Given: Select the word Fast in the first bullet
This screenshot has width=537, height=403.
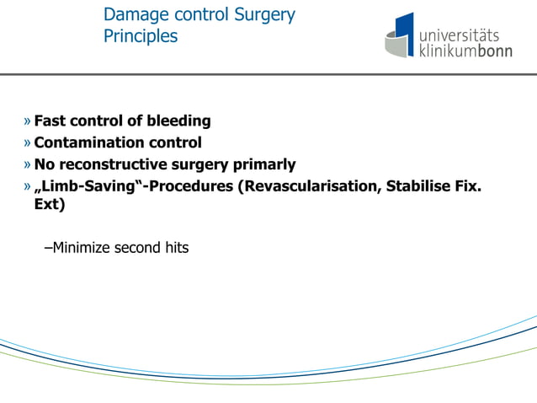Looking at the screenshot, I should point(50,121).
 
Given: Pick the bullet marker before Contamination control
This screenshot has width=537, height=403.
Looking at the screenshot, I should point(28,142).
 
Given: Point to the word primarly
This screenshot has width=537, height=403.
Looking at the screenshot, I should point(263,164).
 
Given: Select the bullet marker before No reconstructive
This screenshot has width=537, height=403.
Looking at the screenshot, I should point(28,164).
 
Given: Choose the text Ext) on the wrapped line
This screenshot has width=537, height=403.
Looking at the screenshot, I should point(50,205).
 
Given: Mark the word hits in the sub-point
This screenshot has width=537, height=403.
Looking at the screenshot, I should point(174,248).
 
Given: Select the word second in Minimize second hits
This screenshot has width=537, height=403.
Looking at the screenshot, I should point(138,248).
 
